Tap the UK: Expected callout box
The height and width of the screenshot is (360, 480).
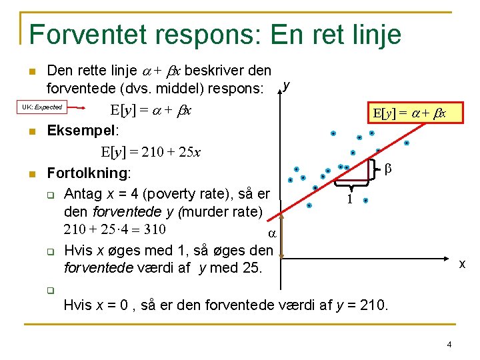pos(41,107)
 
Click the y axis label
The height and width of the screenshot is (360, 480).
pos(286,85)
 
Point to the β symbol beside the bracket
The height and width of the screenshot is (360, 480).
pos(388,170)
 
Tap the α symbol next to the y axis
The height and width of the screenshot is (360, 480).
pos(271,233)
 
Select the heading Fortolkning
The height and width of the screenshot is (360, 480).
pos(88,173)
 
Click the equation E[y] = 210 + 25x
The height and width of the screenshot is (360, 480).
pos(151,153)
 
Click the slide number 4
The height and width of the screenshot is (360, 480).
pos(449,345)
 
